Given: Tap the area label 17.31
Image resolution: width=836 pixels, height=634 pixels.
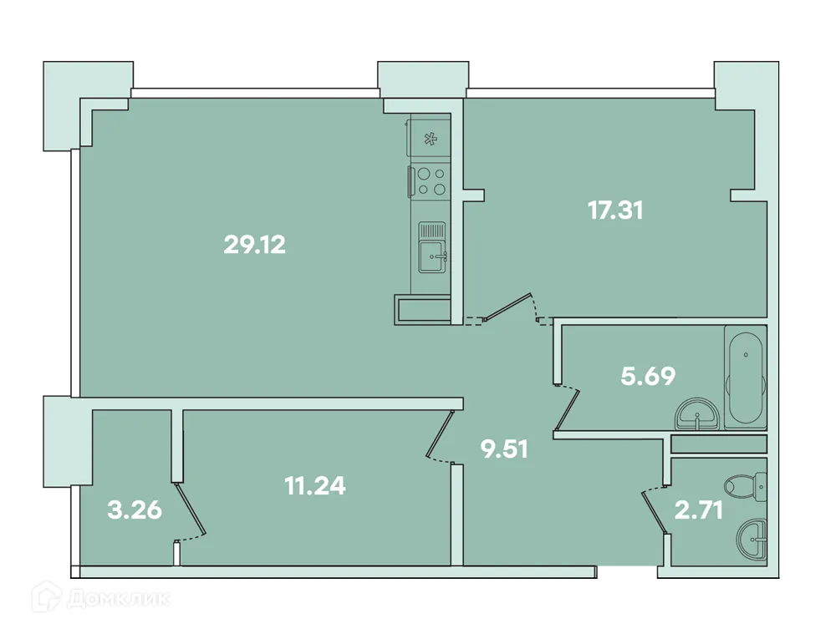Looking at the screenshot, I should pos(615,210).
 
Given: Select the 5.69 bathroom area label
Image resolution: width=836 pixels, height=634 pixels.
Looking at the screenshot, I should pos(648,377).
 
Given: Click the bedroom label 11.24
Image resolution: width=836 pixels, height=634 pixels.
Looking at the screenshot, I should pos(315,485).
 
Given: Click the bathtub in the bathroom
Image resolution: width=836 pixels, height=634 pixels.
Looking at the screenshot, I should pos(745,376).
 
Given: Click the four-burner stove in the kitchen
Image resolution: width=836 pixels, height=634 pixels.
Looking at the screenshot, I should pos(431,181).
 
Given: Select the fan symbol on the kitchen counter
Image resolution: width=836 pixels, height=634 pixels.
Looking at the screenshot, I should pos(431,139).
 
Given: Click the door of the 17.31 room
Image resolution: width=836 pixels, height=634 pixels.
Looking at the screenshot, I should pos(508,307).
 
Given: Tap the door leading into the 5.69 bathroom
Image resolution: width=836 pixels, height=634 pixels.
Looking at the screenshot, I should pos(567,409).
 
